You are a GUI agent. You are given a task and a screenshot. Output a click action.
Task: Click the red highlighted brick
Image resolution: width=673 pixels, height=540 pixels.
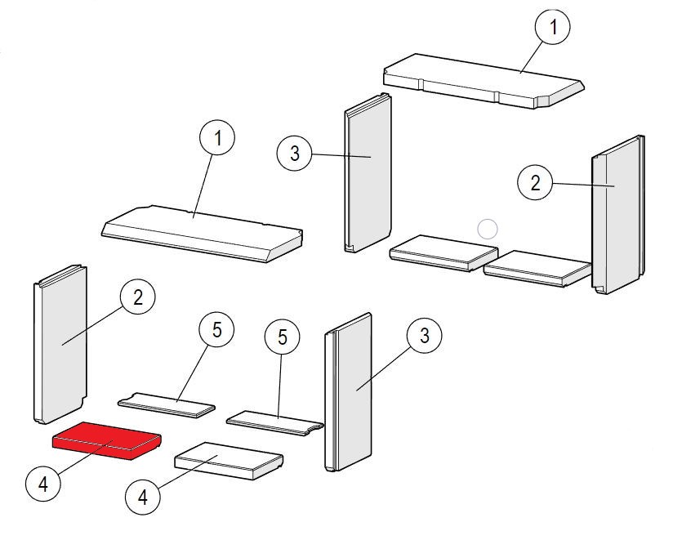[106, 441]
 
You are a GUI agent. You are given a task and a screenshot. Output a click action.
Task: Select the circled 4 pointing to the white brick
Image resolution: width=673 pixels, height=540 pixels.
[143, 495]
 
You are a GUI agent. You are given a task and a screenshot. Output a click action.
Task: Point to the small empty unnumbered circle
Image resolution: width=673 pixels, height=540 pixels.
[487, 230]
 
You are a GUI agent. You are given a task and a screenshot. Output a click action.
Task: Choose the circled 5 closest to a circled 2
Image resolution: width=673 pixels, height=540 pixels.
[216, 331]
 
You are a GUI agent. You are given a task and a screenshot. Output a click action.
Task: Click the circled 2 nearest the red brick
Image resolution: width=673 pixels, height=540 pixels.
[137, 297]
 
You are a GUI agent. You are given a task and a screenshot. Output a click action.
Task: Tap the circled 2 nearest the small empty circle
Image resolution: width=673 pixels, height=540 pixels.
[536, 183]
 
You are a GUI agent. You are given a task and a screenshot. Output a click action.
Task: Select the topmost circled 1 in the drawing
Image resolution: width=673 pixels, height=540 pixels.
[553, 28]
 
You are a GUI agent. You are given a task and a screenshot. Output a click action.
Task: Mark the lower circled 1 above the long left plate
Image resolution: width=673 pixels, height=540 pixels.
[217, 140]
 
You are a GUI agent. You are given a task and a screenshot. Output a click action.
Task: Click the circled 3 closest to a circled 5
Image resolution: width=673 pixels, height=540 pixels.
[425, 336]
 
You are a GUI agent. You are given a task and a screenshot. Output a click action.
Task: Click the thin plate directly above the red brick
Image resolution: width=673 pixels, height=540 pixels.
[167, 403]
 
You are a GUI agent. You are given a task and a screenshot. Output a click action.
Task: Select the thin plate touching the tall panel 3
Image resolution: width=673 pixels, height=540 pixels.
[274, 422]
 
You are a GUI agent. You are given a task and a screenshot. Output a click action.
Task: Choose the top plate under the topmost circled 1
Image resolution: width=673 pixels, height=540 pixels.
[482, 82]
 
